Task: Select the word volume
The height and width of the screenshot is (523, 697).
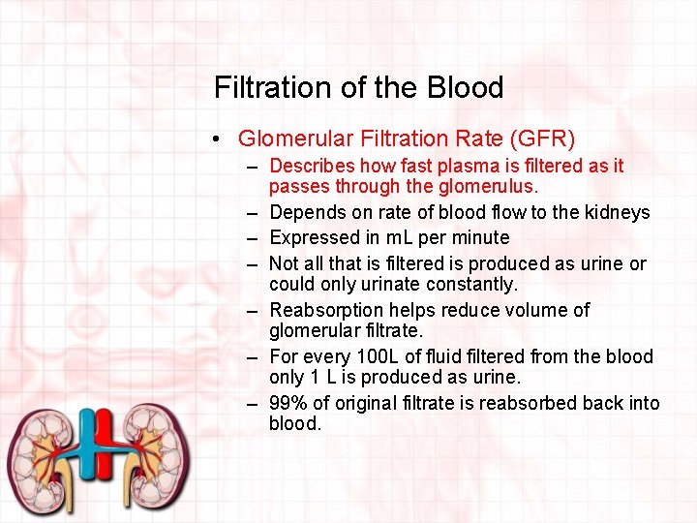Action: (535, 310)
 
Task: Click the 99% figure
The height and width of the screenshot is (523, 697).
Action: (288, 403)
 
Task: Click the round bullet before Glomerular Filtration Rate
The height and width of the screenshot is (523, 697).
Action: (222, 139)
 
